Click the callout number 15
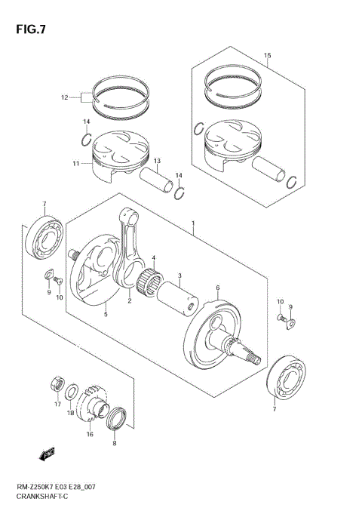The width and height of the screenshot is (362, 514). point(266,55)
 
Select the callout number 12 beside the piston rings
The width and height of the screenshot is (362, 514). point(65,97)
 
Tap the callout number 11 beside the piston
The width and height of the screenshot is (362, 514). point(76,163)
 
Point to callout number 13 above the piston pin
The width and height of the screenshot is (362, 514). point(157,162)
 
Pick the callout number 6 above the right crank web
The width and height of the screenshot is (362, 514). point(217,288)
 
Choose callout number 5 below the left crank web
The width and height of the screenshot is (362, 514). point(106,314)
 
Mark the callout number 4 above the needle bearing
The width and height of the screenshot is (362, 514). point(153,259)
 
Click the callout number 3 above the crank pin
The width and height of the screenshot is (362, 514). point(179,275)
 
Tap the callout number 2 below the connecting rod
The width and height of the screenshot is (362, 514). point(130,301)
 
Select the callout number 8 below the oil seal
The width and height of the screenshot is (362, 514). point(114,444)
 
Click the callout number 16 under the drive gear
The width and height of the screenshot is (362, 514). point(89,435)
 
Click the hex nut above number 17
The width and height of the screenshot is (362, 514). point(57,383)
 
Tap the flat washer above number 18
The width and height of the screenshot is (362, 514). point(70,392)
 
